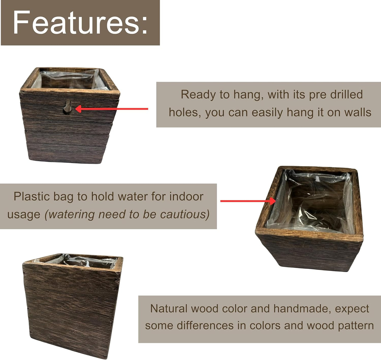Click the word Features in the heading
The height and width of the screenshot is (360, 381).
[75, 23]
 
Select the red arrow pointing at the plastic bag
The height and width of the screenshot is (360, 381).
[248, 201]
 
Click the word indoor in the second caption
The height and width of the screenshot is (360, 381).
[186, 197]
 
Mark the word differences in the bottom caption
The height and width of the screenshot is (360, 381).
[205, 326]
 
